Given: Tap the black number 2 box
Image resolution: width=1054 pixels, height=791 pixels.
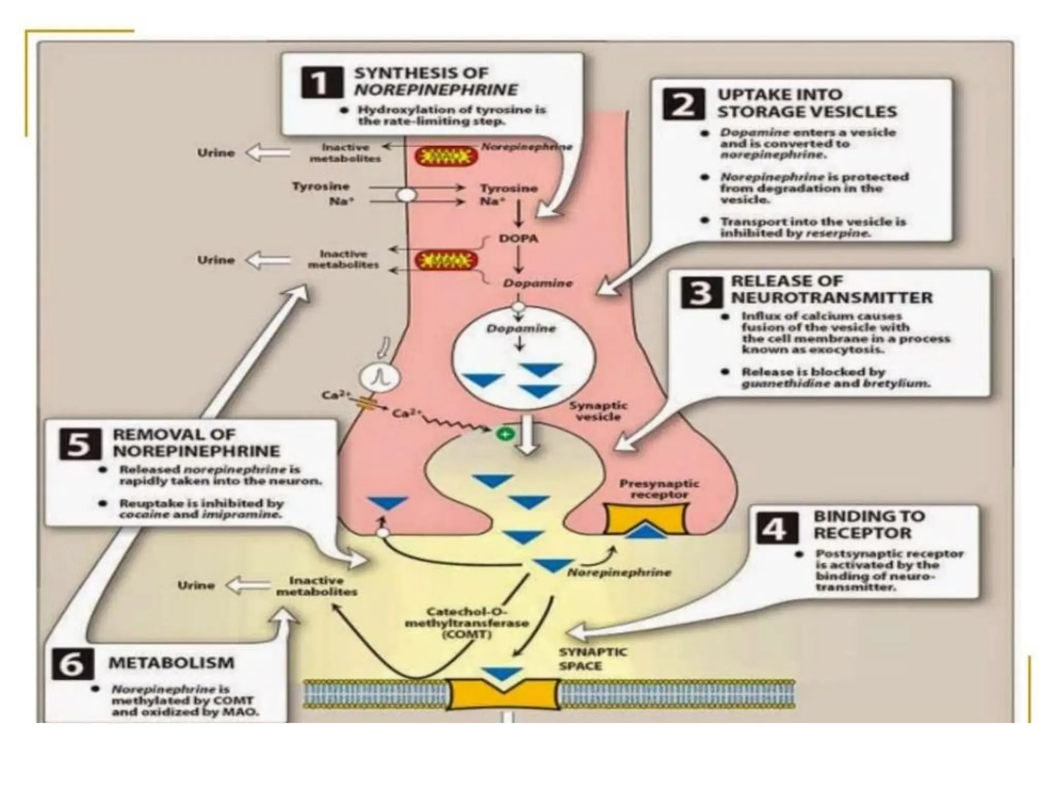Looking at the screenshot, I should pos(683,104).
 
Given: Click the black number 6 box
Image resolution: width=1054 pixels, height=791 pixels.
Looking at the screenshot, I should pos(73,664).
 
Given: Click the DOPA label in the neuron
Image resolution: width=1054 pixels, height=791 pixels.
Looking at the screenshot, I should pos(518,238).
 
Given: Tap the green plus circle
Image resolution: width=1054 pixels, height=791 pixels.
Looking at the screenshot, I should pos(505,434).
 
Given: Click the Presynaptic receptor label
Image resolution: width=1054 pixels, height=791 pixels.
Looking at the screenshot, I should pos(659,489).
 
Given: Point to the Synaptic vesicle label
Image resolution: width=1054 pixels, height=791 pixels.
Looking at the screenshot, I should pos(598,411).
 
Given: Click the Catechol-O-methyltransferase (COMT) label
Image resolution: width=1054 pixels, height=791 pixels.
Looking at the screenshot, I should pos(467,623).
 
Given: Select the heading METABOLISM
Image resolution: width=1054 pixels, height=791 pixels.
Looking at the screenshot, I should pos(171,663).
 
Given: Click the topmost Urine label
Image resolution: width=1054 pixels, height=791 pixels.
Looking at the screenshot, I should pos(216,153).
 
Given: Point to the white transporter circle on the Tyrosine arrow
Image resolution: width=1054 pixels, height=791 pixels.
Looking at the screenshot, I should pos(407,195).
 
